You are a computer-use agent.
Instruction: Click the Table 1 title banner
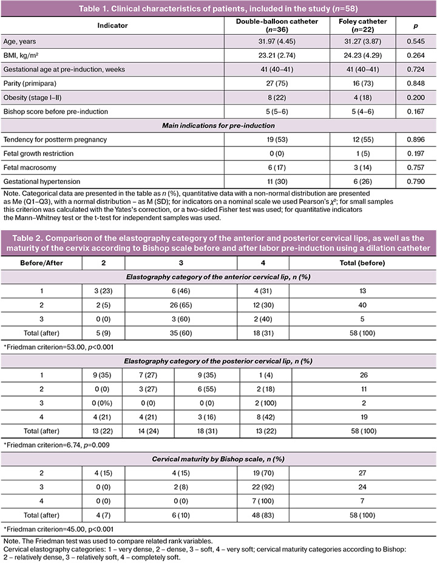pos(218,8)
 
